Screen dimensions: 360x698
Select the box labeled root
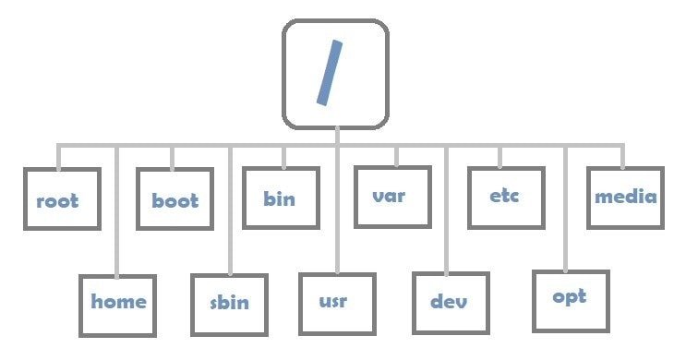(57, 198)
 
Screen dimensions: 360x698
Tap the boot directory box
(174, 198)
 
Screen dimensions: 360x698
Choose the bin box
(282, 198)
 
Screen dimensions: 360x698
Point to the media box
(624, 197)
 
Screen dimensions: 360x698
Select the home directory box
(117, 303)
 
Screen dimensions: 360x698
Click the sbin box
(228, 303)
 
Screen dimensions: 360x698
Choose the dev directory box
(449, 302)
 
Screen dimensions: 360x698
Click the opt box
(571, 299)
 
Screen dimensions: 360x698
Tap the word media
(625, 197)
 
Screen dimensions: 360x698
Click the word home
(118, 301)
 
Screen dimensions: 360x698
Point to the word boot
(174, 199)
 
